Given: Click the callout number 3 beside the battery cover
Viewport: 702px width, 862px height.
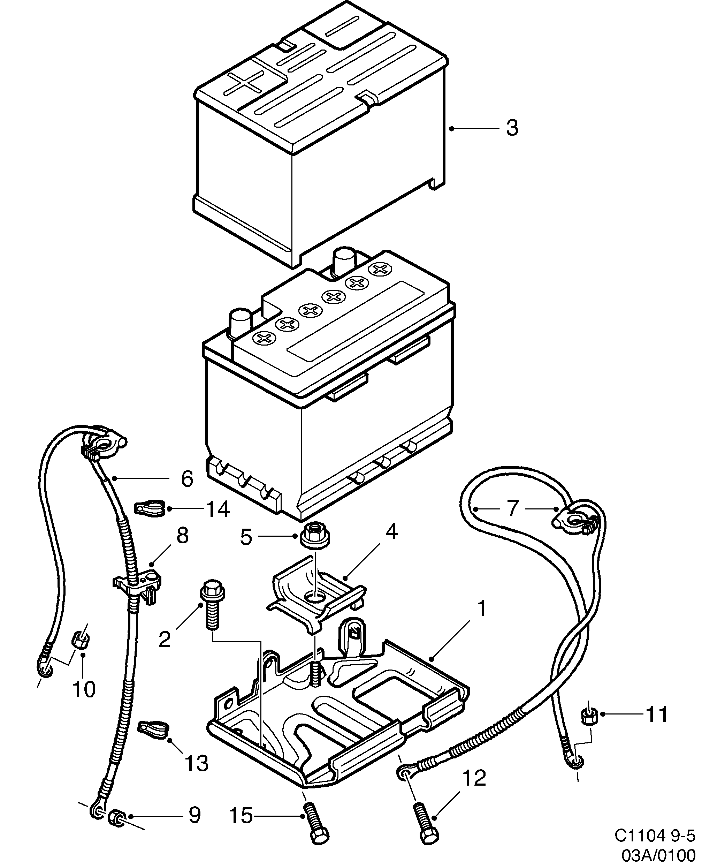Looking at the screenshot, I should (x=512, y=128).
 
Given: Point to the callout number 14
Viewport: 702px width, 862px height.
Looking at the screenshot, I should (x=218, y=509).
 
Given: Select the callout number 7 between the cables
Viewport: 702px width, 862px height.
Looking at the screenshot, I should (x=513, y=508).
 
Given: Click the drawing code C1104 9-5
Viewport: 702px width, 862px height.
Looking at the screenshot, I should (x=655, y=834).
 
